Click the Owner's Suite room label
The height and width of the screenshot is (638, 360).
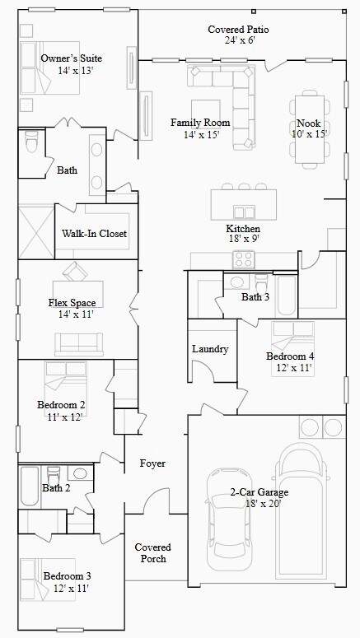pos(72,58)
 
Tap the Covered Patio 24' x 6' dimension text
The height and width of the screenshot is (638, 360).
pos(240,40)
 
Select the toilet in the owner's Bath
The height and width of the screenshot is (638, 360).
pos(31,141)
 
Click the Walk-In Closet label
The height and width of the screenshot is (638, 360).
pos(94,234)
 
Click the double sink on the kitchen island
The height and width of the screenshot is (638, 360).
pos(244,212)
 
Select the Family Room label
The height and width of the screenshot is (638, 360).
pos(200,122)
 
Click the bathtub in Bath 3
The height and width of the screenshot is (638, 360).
pos(287,296)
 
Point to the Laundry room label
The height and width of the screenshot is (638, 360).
pos(210,349)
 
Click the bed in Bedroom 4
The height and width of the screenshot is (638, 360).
pos(292,349)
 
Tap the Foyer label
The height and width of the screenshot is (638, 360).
pos(152,463)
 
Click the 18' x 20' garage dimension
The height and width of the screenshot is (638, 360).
pos(264,503)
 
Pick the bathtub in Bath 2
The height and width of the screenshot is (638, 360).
pos(30,486)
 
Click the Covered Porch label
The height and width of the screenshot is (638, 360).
pos(152,553)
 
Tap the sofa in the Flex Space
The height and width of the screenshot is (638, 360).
pos(79,344)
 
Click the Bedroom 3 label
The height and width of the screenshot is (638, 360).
pos(68,576)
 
